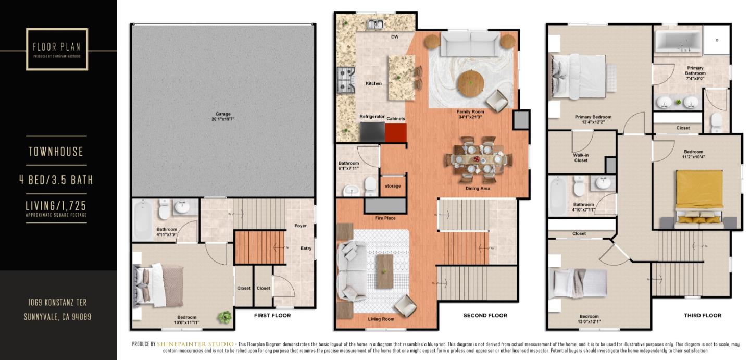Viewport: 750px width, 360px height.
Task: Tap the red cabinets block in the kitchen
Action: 395,132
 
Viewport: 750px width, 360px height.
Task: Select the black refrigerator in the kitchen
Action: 372,131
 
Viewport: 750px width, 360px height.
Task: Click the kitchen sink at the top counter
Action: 374,24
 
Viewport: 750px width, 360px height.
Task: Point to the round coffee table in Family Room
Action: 470,82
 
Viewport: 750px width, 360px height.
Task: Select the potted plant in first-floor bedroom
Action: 226,317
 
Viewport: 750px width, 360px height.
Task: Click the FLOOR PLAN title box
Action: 57,49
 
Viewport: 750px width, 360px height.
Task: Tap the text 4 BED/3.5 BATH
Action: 56,180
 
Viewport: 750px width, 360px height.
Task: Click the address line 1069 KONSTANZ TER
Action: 57,302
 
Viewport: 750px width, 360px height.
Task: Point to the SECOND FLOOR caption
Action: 485,315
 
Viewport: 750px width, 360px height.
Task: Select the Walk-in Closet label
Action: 581,157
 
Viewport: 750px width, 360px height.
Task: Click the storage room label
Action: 393,185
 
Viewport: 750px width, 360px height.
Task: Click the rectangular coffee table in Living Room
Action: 385,271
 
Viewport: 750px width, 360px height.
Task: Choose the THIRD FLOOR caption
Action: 702,315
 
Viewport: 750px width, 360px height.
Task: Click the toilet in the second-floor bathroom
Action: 370,184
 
